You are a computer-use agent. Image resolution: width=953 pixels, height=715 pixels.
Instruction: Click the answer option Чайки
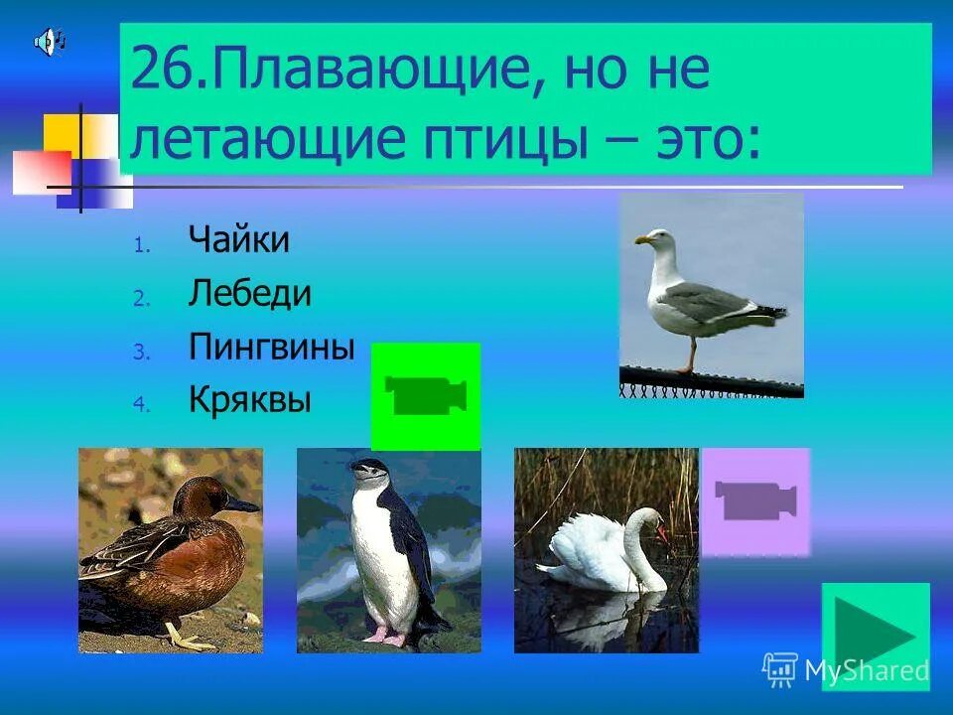coord(238,241)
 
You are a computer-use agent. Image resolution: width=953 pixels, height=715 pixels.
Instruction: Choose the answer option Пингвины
coord(271,348)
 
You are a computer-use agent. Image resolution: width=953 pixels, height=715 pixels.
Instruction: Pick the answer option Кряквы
coord(249,400)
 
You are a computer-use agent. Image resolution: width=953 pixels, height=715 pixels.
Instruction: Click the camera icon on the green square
coord(426,396)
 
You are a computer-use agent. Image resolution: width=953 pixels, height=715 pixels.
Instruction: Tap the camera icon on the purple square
coord(755,500)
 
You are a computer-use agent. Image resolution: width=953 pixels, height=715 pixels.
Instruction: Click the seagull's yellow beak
coord(642,239)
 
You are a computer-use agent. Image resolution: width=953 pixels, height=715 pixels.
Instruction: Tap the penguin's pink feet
coord(386,633)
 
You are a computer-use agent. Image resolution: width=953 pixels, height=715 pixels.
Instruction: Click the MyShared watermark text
coord(866,670)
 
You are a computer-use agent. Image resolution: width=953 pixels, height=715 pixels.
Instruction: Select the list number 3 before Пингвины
coord(141,350)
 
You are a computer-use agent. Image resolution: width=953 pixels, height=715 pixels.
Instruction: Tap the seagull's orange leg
coord(687,353)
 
